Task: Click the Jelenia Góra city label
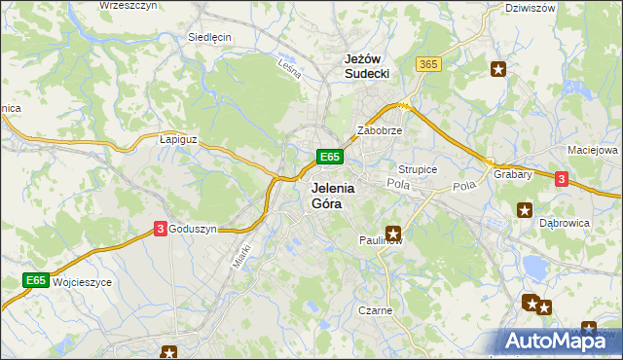pos(332,196)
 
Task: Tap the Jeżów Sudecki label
pos(368,65)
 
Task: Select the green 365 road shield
pos(427,63)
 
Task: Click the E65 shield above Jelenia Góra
pos(329,156)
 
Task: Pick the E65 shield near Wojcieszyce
pos(36,280)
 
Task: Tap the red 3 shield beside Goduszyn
pos(159,229)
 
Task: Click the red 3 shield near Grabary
pos(562,178)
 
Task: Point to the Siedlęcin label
pos(209,37)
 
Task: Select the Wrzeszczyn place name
pos(129,5)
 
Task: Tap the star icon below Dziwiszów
pos(498,69)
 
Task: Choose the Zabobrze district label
pos(380,129)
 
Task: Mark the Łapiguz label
pos(178,139)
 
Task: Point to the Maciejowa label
pos(593,151)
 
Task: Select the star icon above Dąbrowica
pos(525,209)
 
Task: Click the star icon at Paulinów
pos(393,233)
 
